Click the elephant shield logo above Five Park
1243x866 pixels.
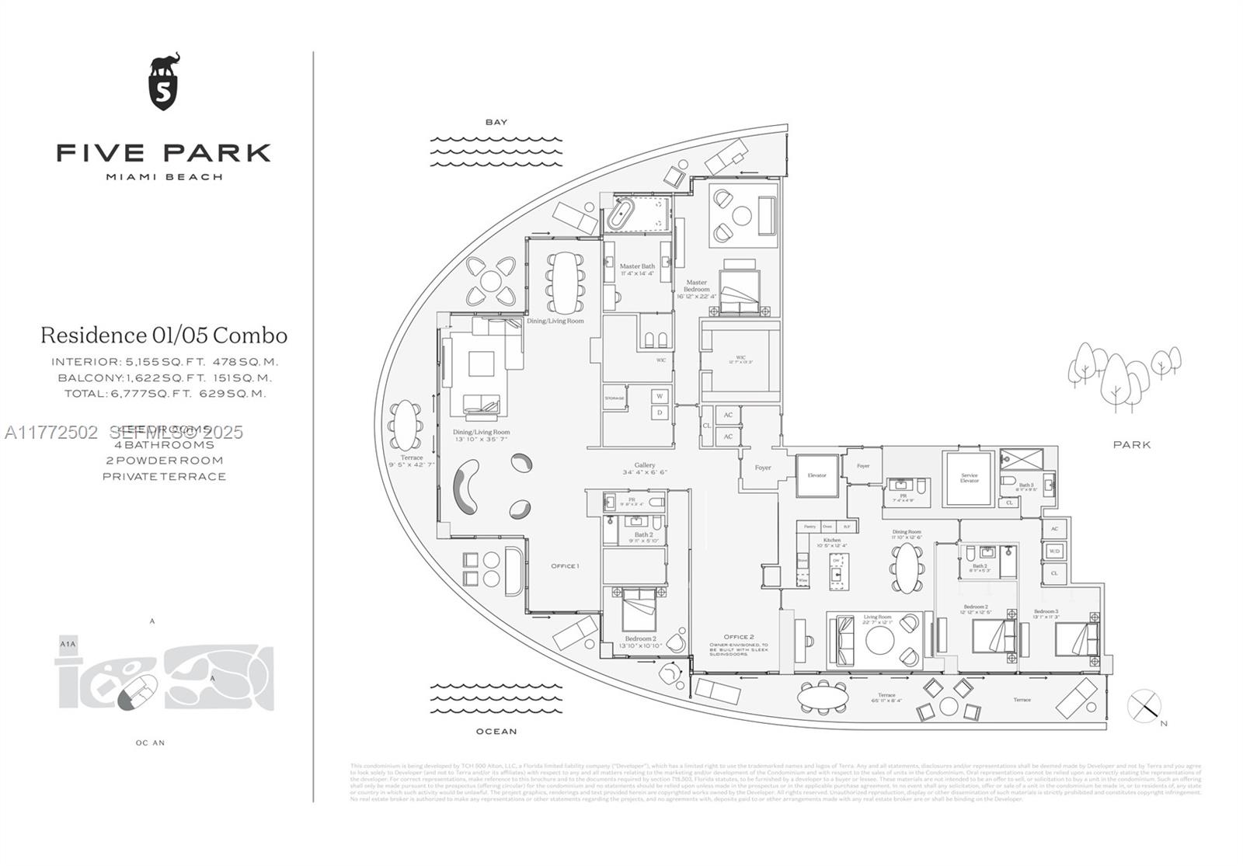pyautogui.click(x=164, y=82)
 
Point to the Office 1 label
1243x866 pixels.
pyautogui.click(x=565, y=565)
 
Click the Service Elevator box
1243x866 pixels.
pyautogui.click(x=969, y=478)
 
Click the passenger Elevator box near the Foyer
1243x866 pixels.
pyautogui.click(x=816, y=475)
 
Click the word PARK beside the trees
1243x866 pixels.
pyautogui.click(x=1132, y=445)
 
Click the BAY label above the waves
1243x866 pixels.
pyautogui.click(x=496, y=122)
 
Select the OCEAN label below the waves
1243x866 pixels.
pyautogui.click(x=496, y=731)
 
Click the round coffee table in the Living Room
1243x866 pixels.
pyautogui.click(x=880, y=641)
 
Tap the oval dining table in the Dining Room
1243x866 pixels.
pyautogui.click(x=905, y=568)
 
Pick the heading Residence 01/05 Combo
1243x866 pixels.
pyautogui.click(x=164, y=336)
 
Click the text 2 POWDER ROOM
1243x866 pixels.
pyautogui.click(x=164, y=460)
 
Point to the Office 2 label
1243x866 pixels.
pyautogui.click(x=738, y=637)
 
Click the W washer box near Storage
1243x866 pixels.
pyautogui.click(x=660, y=396)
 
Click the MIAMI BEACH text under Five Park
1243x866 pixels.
pyautogui.click(x=164, y=177)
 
